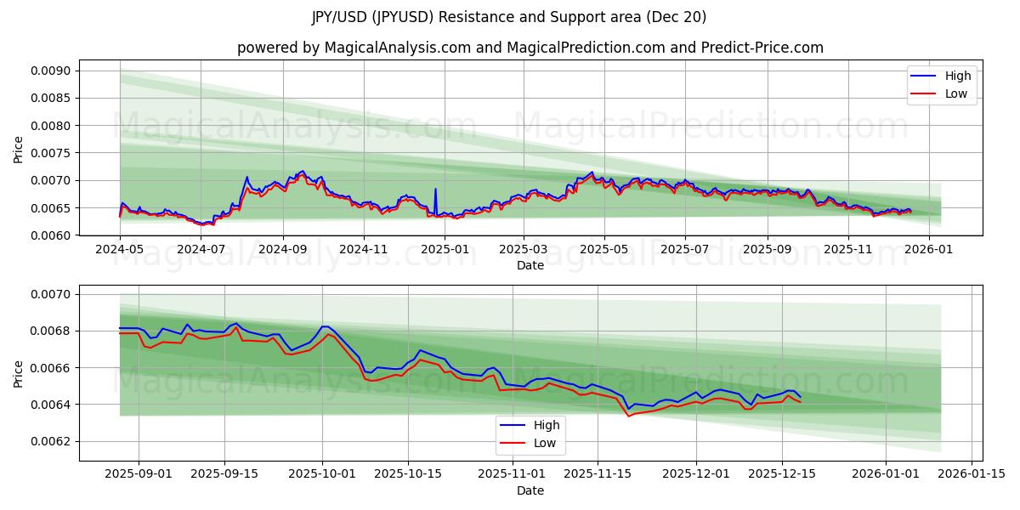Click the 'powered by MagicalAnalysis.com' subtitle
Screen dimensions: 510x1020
pyautogui.click(x=530, y=48)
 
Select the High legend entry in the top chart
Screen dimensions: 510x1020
pyautogui.click(x=942, y=76)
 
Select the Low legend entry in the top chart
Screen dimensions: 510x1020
pyautogui.click(x=942, y=93)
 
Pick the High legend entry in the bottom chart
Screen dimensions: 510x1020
pyautogui.click(x=530, y=425)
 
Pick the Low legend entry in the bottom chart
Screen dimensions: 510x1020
pyautogui.click(x=530, y=443)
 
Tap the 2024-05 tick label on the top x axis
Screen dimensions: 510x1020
pyautogui.click(x=120, y=250)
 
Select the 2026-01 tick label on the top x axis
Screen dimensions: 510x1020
pyautogui.click(x=928, y=250)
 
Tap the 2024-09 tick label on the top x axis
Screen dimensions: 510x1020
pyautogui.click(x=283, y=250)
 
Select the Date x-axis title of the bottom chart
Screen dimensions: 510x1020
pyautogui.click(x=530, y=490)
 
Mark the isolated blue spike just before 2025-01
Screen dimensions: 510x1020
pyautogui.click(x=435, y=190)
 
